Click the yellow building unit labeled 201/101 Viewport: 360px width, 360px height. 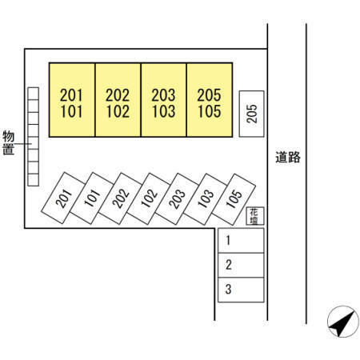coord(72,100)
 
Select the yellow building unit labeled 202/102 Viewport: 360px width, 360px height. coord(118,100)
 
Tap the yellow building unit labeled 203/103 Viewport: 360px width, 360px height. coord(164,100)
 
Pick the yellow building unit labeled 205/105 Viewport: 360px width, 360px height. coord(210,100)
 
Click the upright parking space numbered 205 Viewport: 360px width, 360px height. coord(251,114)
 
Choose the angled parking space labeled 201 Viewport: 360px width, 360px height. coord(63,198)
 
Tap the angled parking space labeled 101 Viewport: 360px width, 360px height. coord(92,198)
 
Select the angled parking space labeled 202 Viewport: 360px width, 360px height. coord(120,198)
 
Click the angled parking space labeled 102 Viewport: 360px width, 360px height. coord(149,198)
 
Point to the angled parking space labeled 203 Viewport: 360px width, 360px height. coord(177,199)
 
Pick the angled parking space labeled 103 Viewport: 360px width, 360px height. coord(206,199)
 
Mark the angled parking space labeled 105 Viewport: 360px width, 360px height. coord(234,199)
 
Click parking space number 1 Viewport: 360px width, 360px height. coord(241,240)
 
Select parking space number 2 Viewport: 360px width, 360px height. coord(241,265)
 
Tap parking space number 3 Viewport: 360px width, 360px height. coord(241,290)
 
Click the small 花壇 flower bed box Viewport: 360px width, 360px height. coord(255,216)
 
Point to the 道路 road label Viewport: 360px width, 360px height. coord(288,158)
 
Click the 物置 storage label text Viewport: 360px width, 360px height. coord(8,142)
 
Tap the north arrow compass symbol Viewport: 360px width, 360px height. coord(343,322)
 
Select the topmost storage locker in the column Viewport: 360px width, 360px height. coord(34,94)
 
